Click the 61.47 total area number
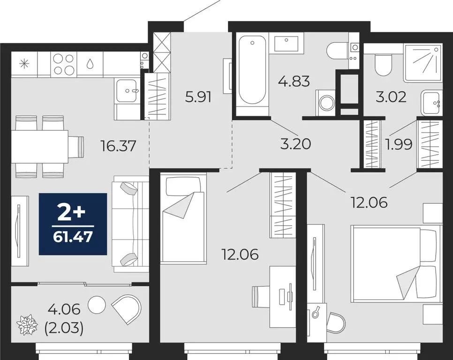[x=73, y=235]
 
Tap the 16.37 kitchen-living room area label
[x=118, y=147]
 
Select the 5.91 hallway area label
[x=198, y=97]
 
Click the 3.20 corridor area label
[x=295, y=144]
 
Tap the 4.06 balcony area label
[x=65, y=309]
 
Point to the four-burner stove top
[x=64, y=64]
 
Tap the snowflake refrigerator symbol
[x=23, y=64]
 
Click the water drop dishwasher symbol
[x=90, y=63]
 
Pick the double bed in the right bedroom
[x=396, y=262]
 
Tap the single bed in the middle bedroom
[x=184, y=218]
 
